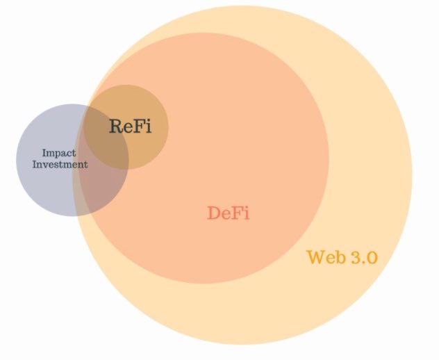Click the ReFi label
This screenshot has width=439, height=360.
coord(129,126)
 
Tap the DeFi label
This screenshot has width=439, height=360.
coord(228,213)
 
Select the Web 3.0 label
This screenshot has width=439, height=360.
coord(342,257)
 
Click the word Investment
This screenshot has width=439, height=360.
coord(60,165)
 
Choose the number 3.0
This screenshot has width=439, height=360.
coord(363,257)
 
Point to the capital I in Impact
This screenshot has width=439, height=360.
coord(44,152)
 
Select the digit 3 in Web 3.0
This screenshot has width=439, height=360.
coord(353,257)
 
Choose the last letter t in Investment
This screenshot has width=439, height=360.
coord(85,165)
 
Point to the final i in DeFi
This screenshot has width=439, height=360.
coord(245,213)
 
